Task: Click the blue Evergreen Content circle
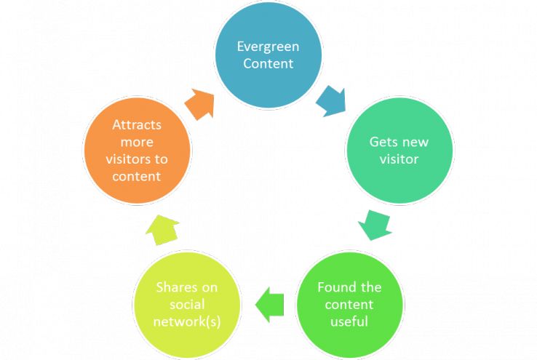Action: point(268,55)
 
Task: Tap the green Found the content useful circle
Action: point(349,303)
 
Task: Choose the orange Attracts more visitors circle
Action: point(138,151)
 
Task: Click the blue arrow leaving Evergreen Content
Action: point(331,101)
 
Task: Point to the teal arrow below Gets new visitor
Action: point(375,223)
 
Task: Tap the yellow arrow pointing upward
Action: point(162,228)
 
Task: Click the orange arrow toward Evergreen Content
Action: point(200,104)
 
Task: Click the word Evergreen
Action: point(268,47)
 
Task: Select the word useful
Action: point(349,321)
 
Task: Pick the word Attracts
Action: point(137,124)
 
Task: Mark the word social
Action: point(186,305)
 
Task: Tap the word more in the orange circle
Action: point(137,142)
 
